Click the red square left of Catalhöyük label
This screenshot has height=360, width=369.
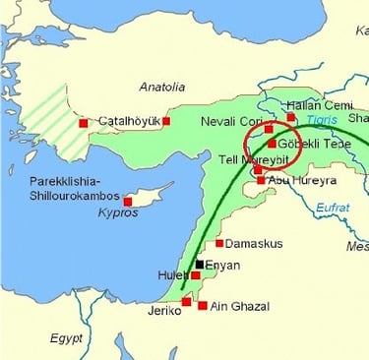coord(84,123)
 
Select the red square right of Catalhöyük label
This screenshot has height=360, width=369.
coord(166,121)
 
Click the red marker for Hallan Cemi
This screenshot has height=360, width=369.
coord(290,117)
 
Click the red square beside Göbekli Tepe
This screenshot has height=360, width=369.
coord(272,144)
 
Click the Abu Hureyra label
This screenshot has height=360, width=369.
coord(299,180)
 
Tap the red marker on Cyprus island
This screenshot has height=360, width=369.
coord(128,201)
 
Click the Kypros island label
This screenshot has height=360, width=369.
coord(119,212)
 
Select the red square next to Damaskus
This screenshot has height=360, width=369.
coord(219,242)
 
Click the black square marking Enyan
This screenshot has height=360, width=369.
coord(199,264)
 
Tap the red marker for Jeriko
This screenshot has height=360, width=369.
coord(186,301)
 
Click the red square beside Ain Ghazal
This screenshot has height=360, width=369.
coord(203,306)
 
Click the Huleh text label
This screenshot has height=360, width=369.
coord(173,275)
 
